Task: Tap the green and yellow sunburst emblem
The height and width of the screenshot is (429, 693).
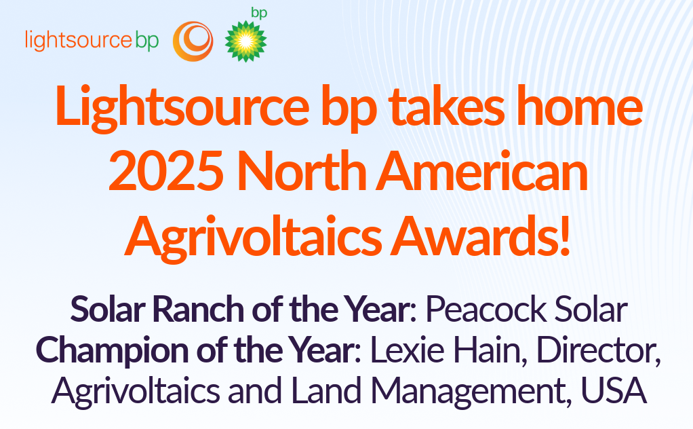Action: (x=245, y=41)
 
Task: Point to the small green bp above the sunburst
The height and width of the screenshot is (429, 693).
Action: (x=260, y=13)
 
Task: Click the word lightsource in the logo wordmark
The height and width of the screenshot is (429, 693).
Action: (x=79, y=40)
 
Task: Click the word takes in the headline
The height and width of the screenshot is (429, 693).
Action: (x=447, y=105)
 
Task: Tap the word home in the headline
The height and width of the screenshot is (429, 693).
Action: (x=579, y=105)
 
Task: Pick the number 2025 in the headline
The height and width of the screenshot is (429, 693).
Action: (x=166, y=170)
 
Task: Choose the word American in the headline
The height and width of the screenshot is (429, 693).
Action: (x=481, y=170)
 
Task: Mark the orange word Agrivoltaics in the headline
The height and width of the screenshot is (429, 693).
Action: (x=253, y=237)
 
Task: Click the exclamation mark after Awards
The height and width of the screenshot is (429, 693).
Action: (x=564, y=236)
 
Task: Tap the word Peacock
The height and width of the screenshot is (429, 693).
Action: (x=486, y=309)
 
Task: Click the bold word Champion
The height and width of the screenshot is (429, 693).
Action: (x=113, y=351)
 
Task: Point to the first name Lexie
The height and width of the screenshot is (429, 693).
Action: (x=408, y=350)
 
